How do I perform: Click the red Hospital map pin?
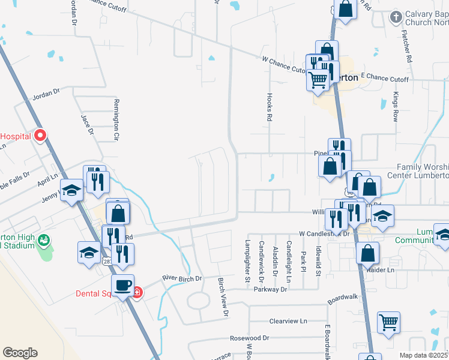40,135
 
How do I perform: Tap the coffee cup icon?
124,286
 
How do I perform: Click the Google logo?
20,353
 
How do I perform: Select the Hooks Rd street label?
270,107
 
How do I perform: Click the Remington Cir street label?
116,119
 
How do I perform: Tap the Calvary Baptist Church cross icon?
395,16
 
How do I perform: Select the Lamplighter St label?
247,262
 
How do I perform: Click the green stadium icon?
43,241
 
